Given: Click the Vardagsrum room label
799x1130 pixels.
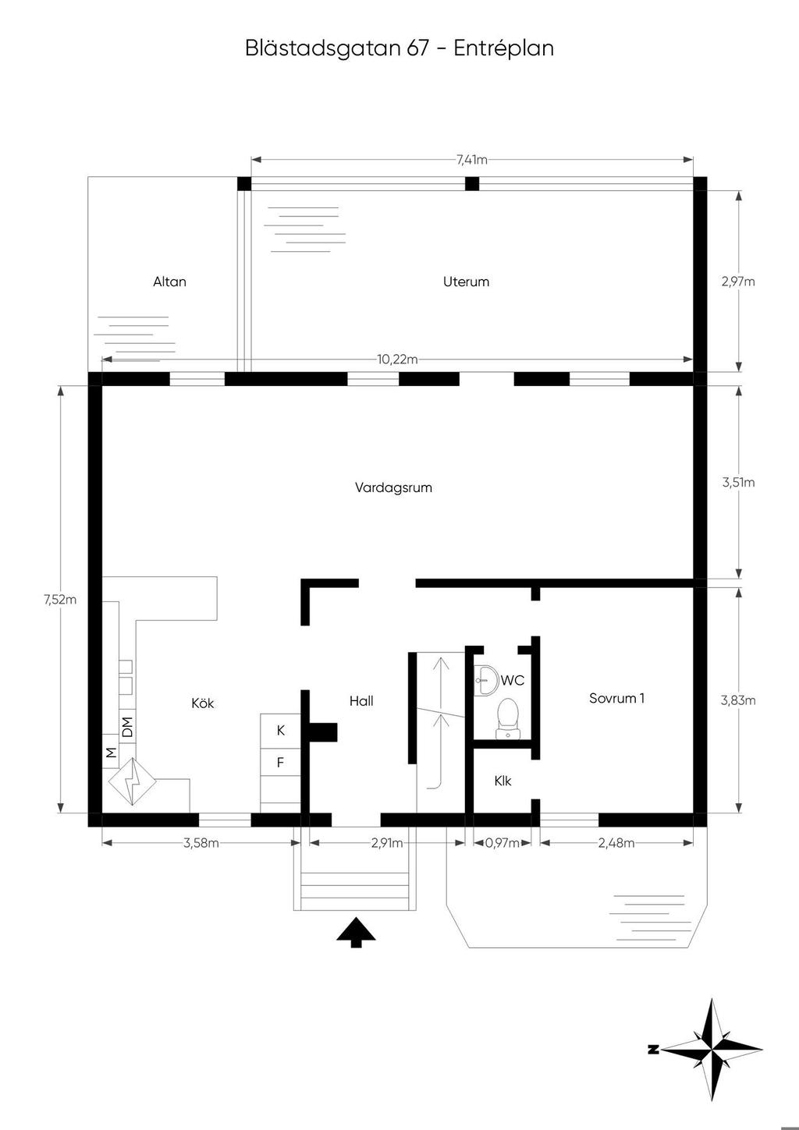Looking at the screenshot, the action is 393,488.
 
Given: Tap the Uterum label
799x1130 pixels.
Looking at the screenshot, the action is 466,282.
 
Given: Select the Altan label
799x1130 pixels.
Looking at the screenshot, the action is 169,282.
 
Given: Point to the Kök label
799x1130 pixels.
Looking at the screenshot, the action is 202,703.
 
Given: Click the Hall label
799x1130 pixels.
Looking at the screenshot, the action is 361,701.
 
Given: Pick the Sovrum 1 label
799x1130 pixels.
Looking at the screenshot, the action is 616,698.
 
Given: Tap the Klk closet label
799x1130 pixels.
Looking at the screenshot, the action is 502,781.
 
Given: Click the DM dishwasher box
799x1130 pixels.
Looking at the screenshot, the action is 128,727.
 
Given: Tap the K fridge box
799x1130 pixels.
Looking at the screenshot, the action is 281,731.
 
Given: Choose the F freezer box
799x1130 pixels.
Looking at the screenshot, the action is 281,762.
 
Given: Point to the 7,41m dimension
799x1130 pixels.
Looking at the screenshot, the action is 472,160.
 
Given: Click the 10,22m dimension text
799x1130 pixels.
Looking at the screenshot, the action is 397,360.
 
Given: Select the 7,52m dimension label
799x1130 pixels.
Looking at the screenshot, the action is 60,600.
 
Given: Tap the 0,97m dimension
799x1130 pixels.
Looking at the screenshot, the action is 502,843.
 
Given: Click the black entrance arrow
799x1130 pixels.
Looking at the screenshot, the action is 357,932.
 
